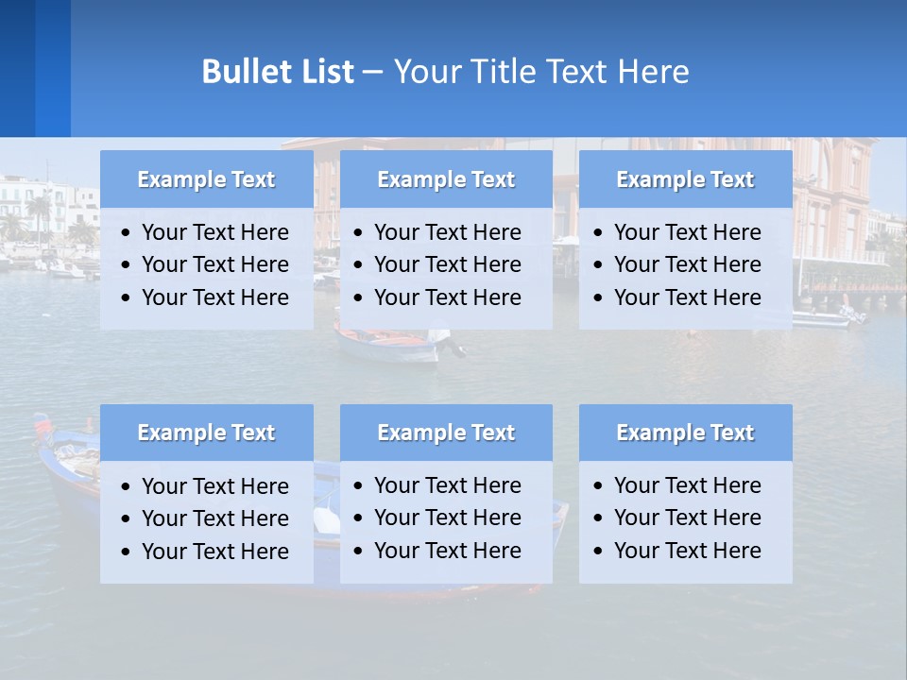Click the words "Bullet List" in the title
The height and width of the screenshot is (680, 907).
coord(277,72)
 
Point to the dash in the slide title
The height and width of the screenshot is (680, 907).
coord(372,72)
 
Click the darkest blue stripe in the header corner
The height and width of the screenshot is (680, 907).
coord(17,68)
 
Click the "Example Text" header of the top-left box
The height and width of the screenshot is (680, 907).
coord(206,179)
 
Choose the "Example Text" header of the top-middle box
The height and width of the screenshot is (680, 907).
coord(446,179)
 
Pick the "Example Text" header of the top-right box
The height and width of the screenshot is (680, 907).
coord(685,179)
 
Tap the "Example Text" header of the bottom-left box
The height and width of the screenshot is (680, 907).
coord(206,433)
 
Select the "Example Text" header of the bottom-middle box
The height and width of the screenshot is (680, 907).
coord(446,433)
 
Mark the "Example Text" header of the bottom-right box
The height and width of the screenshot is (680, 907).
coord(685,433)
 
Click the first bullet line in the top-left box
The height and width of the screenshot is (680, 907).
coord(214,232)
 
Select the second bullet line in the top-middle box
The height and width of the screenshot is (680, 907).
coord(447,264)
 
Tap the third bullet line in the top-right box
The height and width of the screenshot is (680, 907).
coord(687,297)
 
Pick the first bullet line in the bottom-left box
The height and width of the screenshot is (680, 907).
coord(214,486)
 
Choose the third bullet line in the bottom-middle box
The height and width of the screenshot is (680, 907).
coord(447,551)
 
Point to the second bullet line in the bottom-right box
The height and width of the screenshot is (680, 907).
coord(687,518)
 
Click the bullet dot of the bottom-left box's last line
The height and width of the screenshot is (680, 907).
coord(126,552)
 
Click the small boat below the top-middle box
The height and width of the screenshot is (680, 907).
coord(387,344)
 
